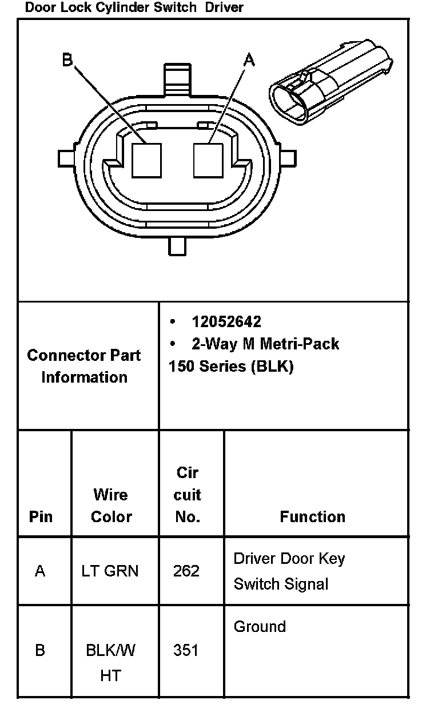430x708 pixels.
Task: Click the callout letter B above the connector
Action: [67, 59]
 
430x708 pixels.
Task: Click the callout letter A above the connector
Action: [249, 59]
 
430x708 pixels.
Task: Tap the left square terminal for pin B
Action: [146, 160]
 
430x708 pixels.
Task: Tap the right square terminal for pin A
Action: [208, 160]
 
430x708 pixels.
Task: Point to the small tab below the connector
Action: [178, 245]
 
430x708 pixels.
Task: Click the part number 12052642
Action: [226, 322]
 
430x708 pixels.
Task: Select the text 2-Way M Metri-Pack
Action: [265, 344]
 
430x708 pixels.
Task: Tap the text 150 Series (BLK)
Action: [231, 367]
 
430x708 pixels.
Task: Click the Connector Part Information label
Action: [84, 366]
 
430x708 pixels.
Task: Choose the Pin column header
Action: [41, 517]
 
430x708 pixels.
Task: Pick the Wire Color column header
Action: [111, 506]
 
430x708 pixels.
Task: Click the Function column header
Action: [312, 517]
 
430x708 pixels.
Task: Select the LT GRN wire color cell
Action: [110, 571]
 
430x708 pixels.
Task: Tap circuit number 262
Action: [186, 571]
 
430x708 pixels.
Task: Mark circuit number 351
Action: [186, 650]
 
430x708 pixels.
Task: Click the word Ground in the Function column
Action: [260, 627]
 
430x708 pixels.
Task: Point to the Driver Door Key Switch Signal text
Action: [289, 571]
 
